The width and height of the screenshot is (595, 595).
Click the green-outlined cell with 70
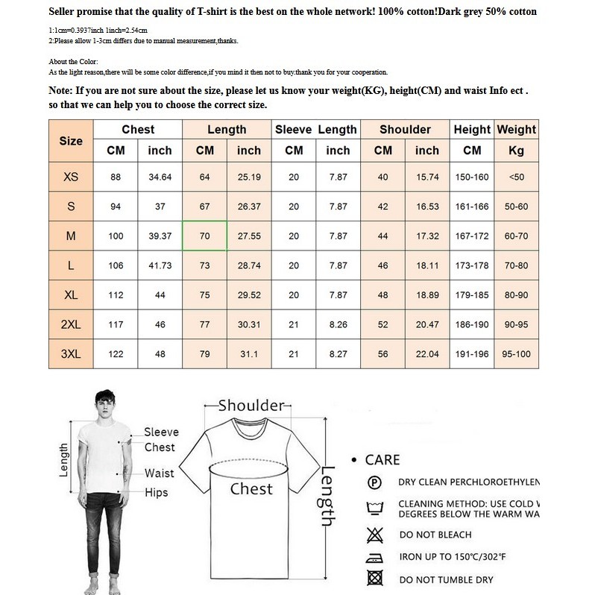click(x=205, y=236)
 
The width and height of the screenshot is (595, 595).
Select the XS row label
click(x=71, y=177)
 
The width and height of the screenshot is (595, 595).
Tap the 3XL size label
click(x=71, y=353)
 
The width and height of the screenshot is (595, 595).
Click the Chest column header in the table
click(x=138, y=130)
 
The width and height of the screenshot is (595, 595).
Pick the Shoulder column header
click(x=405, y=130)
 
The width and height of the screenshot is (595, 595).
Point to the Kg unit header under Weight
click(x=516, y=151)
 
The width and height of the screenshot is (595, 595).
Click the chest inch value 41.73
click(x=160, y=265)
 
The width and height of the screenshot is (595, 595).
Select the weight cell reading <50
click(x=516, y=177)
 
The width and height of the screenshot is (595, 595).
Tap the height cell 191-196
click(x=472, y=353)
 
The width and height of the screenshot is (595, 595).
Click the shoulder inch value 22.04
click(x=427, y=353)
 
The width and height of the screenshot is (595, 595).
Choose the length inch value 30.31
click(x=249, y=324)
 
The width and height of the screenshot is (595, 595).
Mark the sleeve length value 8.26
click(x=338, y=324)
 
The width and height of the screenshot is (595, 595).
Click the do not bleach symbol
click(x=375, y=534)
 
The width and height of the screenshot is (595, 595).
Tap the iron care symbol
click(x=375, y=556)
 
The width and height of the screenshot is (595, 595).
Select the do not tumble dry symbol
click(x=375, y=579)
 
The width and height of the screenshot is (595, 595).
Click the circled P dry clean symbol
click(x=375, y=482)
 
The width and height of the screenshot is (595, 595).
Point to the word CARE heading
click(x=382, y=460)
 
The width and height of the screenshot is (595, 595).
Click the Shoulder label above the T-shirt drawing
click(x=251, y=405)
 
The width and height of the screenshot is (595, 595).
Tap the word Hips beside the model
click(x=156, y=492)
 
